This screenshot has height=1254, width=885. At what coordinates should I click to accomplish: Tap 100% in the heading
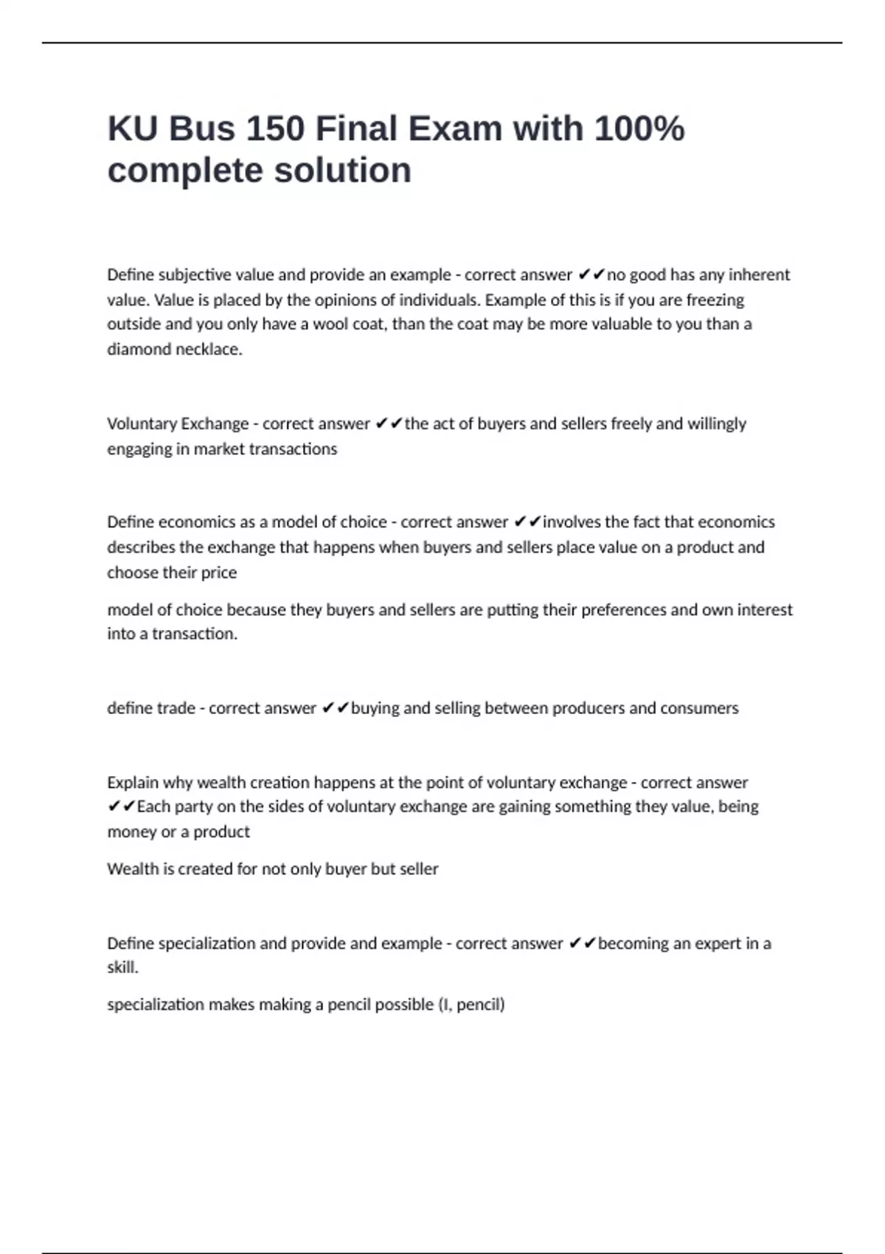coord(639,128)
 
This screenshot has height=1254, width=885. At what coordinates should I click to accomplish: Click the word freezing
coord(715,299)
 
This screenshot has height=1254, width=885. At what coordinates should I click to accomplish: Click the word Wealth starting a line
coord(132,869)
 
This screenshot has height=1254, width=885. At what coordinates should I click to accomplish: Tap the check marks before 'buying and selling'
coord(336,708)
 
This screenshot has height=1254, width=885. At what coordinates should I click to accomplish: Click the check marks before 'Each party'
coord(122,806)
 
